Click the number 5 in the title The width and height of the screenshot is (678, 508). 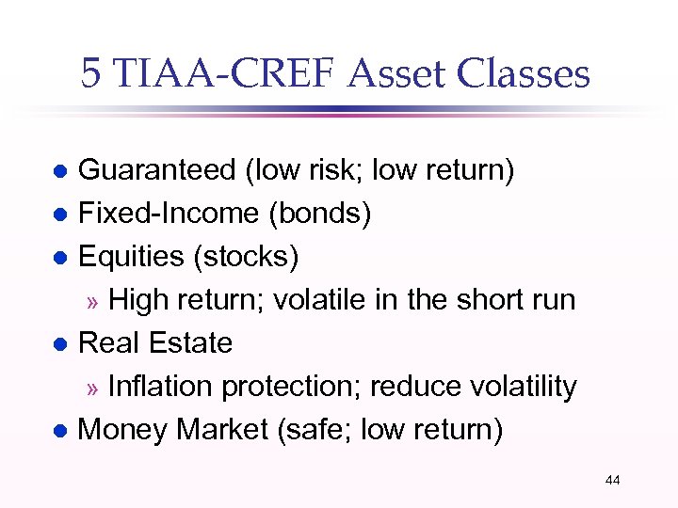coord(90,73)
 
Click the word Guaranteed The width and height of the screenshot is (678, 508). coord(156,171)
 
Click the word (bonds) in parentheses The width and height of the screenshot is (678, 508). coord(320,214)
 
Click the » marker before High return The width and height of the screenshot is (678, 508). coord(92,302)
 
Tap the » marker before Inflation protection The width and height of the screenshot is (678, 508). coord(92,389)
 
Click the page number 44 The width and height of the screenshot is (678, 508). coord(612,481)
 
